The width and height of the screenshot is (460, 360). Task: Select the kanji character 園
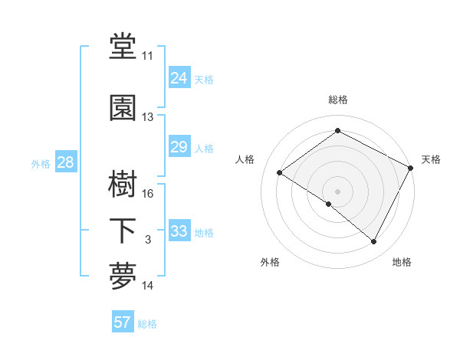pos(123,109)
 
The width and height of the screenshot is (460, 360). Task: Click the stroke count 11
pos(147,56)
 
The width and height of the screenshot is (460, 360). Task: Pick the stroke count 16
pos(147,194)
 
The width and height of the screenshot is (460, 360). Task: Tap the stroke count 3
pos(147,240)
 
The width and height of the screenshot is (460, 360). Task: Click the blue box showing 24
pos(179,78)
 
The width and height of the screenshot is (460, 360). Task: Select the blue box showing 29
pos(179,147)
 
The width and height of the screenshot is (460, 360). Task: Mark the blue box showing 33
pos(179,231)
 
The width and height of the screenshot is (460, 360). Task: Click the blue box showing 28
pos(65,162)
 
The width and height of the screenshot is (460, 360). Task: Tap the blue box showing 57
pos(122,322)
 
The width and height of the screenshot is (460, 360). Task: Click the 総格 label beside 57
pos(147,324)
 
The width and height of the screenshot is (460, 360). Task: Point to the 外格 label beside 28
pos(41,163)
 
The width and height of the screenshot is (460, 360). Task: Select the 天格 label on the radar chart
pos(431,159)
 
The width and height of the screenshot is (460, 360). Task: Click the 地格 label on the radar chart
pos(402,262)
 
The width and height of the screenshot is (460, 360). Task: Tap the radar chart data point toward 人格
pos(280,173)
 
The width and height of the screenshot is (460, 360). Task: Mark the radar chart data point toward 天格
pos(411,168)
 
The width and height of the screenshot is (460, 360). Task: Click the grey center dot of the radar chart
pos(337,190)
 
